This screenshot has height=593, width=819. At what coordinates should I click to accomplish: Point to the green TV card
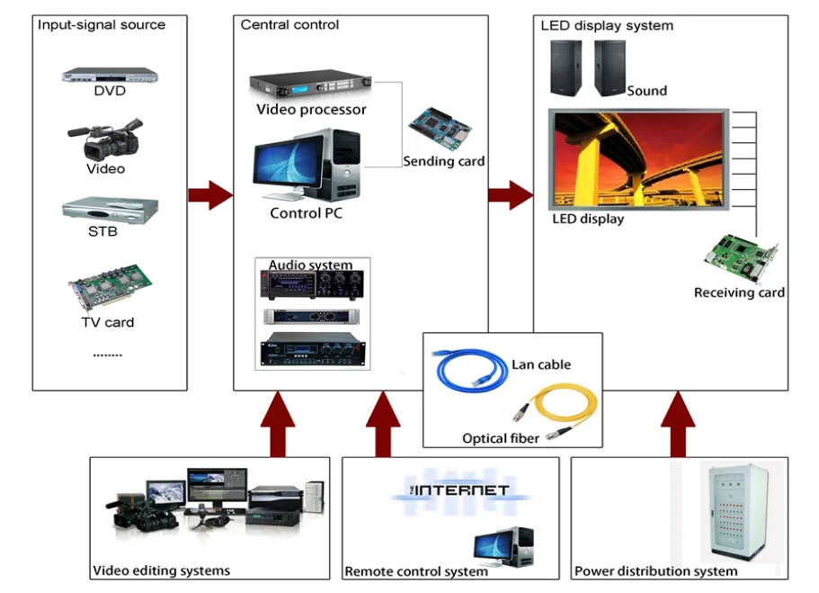pos(109,286)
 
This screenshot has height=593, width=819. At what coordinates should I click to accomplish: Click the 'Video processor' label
pos(311,110)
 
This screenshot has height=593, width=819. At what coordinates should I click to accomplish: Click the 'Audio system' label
pos(311,265)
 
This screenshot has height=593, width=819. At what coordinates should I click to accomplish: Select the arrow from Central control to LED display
pos(510,194)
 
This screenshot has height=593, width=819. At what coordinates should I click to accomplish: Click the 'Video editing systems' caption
pos(162,571)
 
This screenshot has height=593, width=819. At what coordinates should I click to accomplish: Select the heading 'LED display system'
pos(607,25)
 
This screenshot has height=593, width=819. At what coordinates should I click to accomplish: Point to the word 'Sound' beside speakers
pos(647,91)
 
